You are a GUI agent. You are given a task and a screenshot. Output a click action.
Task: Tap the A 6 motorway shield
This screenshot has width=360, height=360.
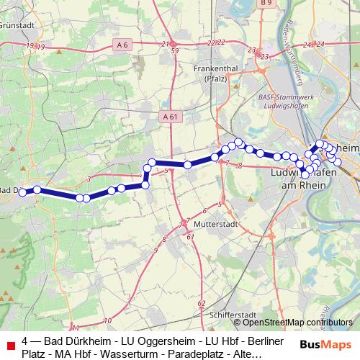[124, 45]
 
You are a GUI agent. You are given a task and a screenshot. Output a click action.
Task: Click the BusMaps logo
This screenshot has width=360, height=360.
[325, 343]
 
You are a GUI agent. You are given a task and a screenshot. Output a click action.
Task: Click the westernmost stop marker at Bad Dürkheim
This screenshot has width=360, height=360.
[22, 192]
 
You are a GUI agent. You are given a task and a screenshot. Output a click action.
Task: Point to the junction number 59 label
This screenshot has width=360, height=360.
[175, 52]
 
